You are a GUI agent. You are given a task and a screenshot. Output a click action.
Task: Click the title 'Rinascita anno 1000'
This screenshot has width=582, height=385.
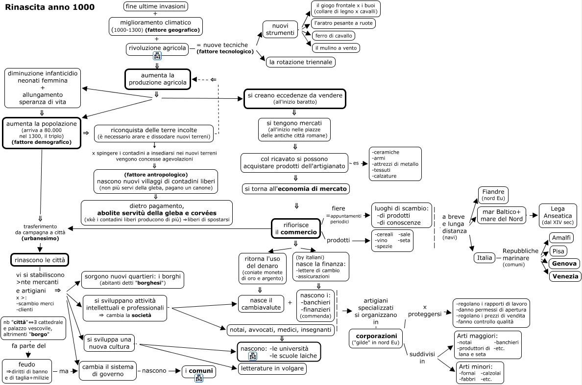coord(50,7)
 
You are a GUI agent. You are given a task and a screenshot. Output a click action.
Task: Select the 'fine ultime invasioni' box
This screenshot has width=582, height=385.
coord(155,6)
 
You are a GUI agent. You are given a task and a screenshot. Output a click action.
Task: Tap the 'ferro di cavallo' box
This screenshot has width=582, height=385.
coord(334,36)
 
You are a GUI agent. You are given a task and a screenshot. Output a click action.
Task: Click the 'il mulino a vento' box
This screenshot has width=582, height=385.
coord(336,48)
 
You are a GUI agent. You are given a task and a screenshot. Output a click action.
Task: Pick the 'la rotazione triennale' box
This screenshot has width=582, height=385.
coord(301,62)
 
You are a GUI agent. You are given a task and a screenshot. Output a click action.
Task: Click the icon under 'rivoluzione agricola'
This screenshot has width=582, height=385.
coord(157,56)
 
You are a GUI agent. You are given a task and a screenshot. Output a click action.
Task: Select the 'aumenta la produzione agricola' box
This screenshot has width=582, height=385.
coord(158,79)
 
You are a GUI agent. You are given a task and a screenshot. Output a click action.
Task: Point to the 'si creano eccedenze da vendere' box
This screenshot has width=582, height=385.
coord(295,98)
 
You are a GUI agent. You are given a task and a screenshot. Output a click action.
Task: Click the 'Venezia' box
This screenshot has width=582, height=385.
coord(565,276)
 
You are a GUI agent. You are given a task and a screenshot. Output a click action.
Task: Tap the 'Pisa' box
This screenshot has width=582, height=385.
coord(558,251)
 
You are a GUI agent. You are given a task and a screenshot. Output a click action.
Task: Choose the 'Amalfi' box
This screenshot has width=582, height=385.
coord(561,238)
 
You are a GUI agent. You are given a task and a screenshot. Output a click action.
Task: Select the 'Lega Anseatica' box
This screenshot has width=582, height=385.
coord(558,215)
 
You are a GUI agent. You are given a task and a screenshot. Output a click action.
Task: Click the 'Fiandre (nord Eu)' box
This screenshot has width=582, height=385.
coord(493,195)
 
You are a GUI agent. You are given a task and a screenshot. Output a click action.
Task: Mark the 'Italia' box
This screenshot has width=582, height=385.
coord(485,257)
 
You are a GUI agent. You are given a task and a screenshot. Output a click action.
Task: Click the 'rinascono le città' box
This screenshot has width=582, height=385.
coord(40,260)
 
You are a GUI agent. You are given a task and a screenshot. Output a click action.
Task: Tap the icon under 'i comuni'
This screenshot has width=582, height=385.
coord(199,378)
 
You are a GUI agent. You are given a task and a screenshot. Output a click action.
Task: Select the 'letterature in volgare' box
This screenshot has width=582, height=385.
coord(272,368)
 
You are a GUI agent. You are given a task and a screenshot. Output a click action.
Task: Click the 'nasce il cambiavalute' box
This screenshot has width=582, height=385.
coord(261,303)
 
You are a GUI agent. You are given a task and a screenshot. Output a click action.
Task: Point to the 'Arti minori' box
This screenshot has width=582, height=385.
coord(480,373)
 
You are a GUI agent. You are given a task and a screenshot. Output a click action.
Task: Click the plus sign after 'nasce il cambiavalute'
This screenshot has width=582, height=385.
coord(290,303)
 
